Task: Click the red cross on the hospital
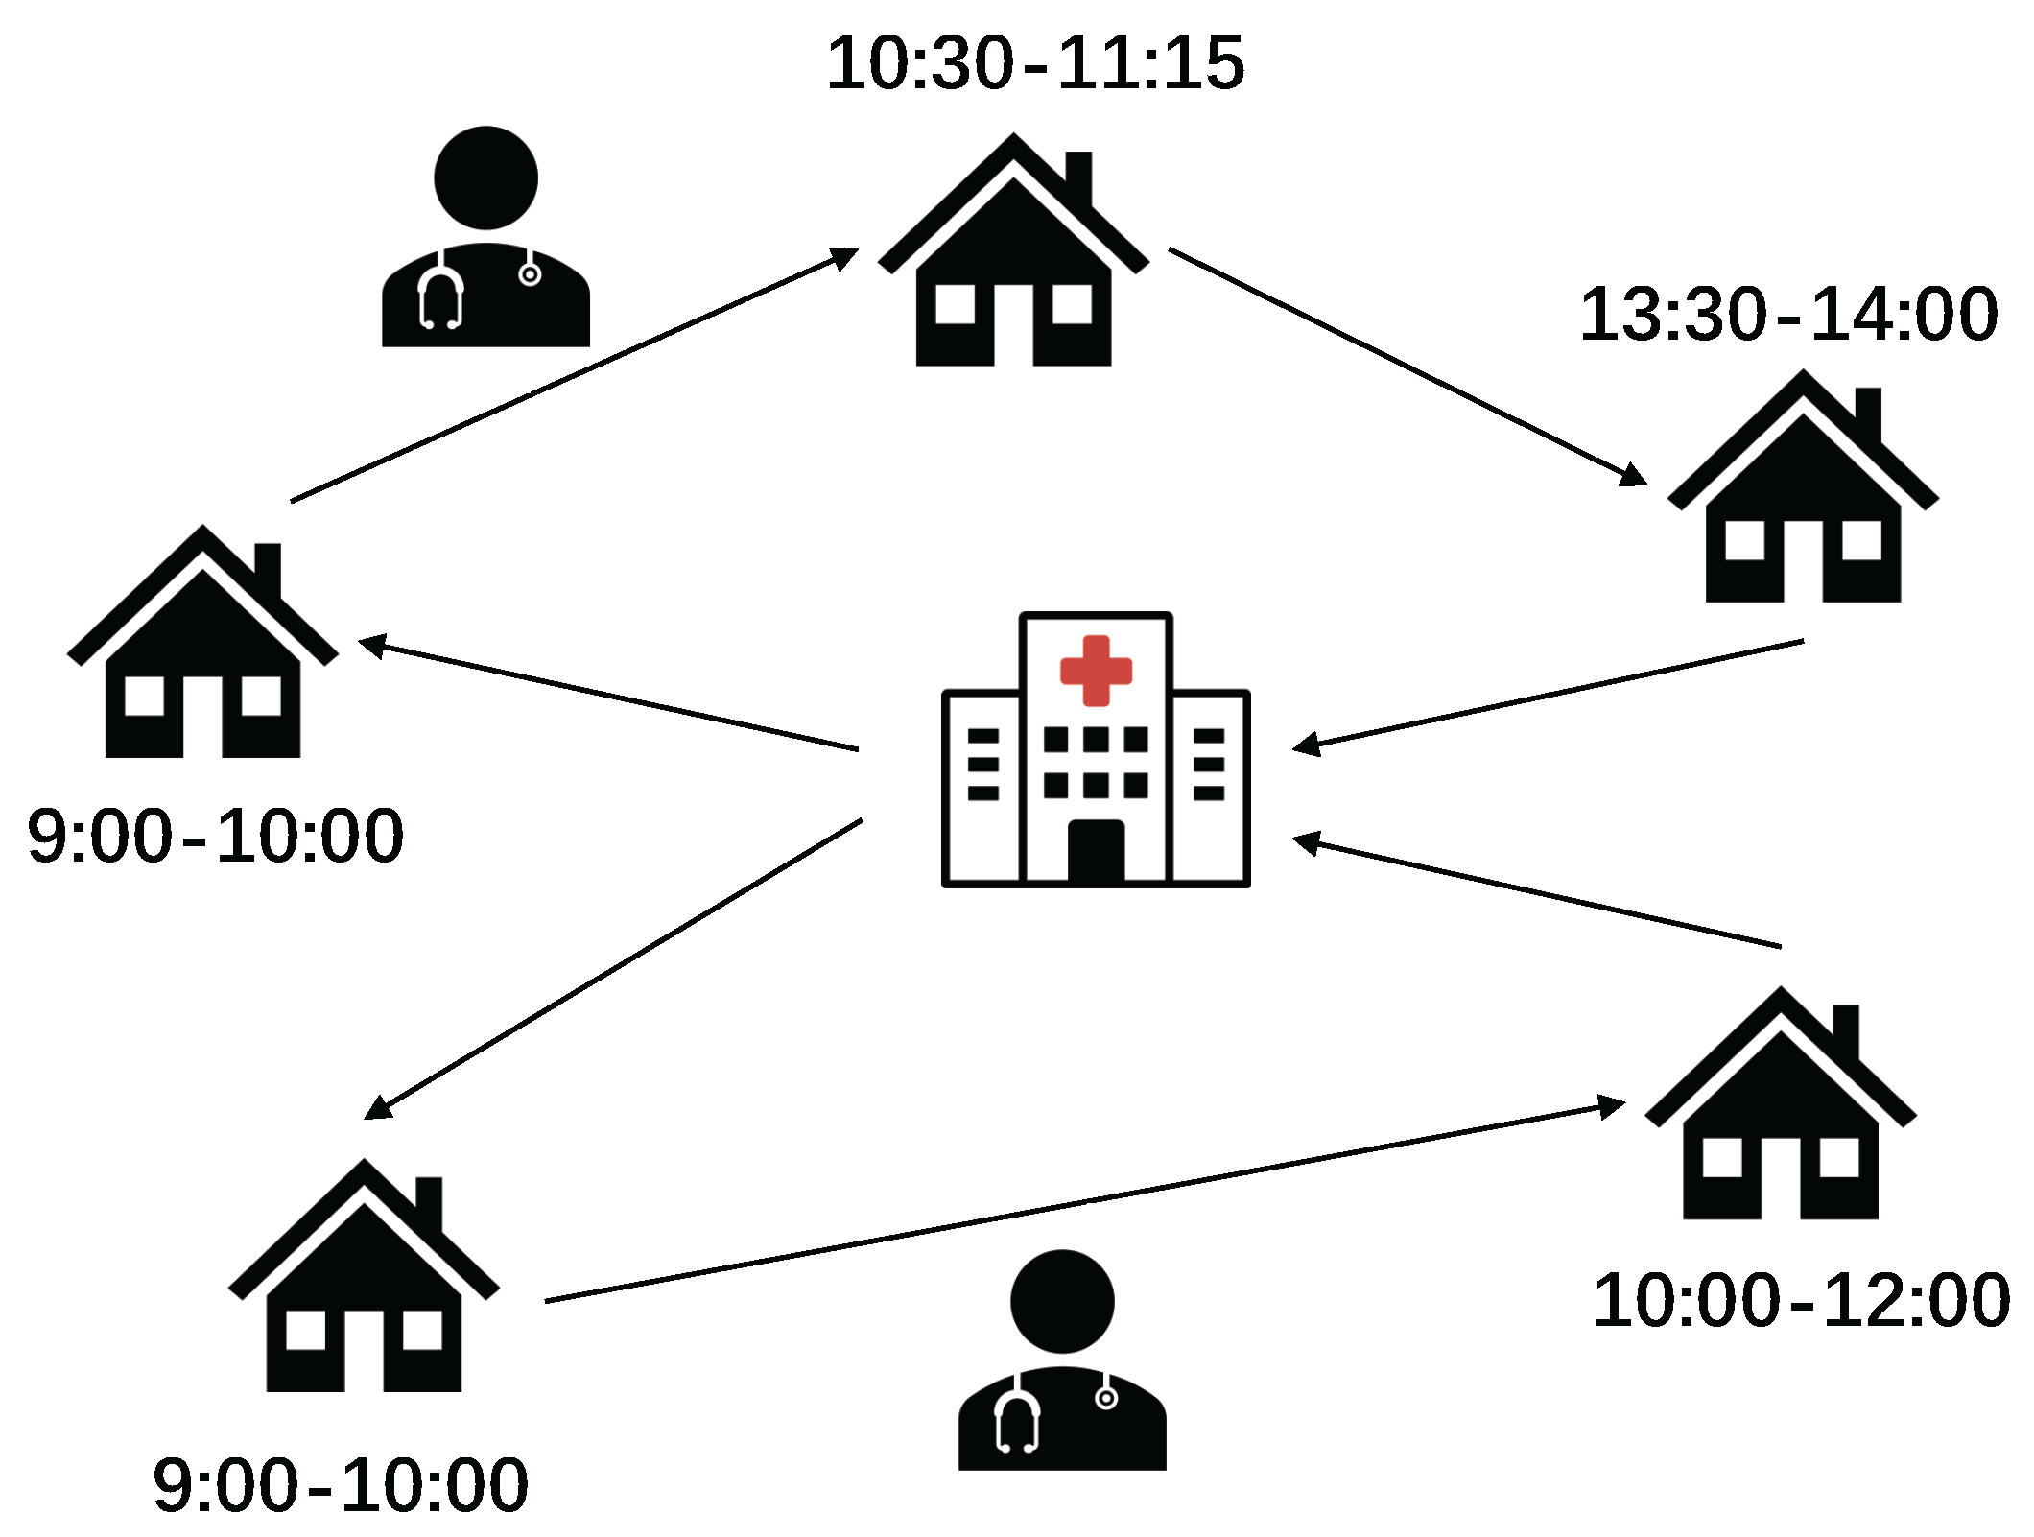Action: click(1096, 671)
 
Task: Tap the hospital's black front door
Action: click(1096, 851)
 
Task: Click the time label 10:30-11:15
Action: click(1035, 63)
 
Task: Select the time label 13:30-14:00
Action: click(1788, 314)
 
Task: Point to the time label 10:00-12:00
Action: click(1801, 1301)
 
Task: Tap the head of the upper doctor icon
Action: click(485, 177)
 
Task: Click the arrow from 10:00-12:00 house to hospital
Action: click(1535, 893)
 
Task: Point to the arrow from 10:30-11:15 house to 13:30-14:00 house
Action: click(1407, 367)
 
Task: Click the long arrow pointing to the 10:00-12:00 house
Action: click(1084, 1203)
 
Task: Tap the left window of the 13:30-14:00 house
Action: click(1744, 540)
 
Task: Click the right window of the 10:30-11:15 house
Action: click(1072, 304)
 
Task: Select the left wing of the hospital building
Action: click(982, 787)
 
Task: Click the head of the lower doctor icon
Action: click(1062, 1302)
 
